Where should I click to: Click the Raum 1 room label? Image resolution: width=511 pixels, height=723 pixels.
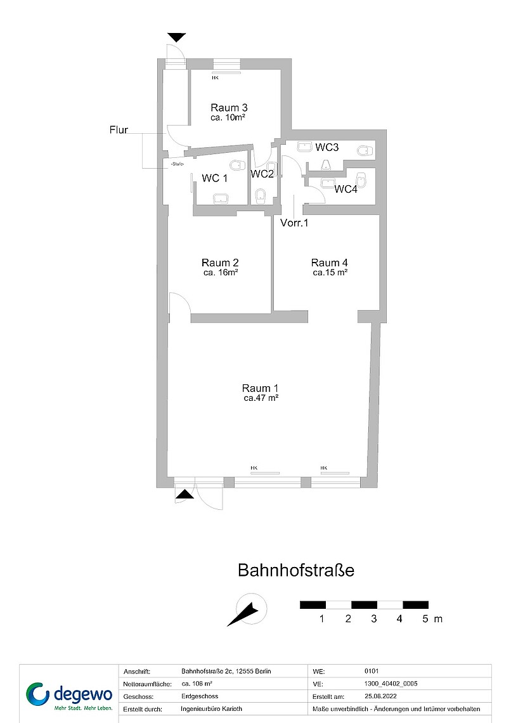coord(261,388)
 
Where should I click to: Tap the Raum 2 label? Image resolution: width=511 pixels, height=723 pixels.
coord(220,263)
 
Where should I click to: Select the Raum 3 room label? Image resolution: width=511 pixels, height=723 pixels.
coord(229,107)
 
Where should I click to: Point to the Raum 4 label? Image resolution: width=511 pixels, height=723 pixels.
coord(330,263)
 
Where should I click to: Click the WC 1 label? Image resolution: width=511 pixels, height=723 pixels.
coord(214,179)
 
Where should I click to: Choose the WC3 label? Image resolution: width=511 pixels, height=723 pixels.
coord(328,148)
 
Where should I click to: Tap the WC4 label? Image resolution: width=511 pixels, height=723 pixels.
coord(346,189)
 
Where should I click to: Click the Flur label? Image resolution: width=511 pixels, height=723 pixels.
coord(119,131)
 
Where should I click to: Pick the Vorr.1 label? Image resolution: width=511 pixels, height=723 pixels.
coord(294,223)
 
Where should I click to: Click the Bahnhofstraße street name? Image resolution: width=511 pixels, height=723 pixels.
coord(295,570)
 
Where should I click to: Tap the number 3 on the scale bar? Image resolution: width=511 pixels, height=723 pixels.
coord(374,619)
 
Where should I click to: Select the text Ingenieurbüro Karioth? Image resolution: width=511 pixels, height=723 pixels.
coord(212,709)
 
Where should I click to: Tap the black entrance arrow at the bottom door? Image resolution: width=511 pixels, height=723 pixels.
coord(184,494)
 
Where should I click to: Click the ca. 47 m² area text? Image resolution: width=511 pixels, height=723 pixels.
coord(261,399)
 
